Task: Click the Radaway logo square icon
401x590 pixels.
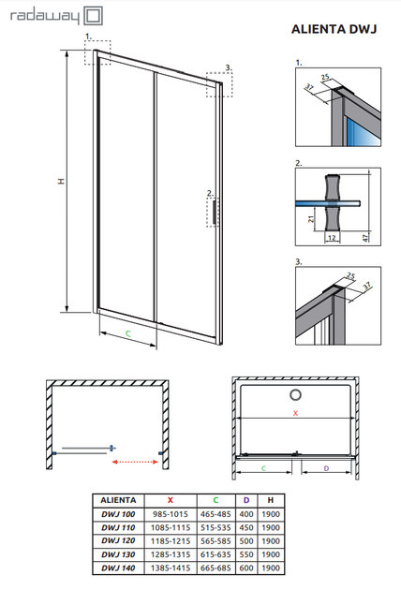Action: [93, 16]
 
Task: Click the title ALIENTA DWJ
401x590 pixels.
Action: [334, 29]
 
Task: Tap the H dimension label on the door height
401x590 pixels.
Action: [61, 181]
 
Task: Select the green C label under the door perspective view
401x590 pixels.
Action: [128, 333]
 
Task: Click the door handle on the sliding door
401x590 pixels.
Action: [215, 213]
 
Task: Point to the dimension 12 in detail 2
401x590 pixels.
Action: [332, 238]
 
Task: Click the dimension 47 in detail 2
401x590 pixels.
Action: [365, 238]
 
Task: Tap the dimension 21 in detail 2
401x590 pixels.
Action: [311, 218]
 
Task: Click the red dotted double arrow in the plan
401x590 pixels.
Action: [135, 462]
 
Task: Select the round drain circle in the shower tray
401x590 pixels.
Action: [295, 394]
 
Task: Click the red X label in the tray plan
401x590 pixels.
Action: [295, 413]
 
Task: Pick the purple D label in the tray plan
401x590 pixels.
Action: [326, 468]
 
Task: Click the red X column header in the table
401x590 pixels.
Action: [171, 500]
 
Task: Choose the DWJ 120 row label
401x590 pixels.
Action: [118, 540]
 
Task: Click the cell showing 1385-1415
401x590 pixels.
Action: [171, 568]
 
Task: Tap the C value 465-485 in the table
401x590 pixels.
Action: [215, 514]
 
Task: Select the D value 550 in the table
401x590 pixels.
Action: [246, 554]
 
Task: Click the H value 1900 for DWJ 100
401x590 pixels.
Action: [271, 514]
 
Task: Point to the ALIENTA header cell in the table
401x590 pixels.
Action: [118, 500]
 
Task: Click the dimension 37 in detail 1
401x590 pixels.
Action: [309, 88]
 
